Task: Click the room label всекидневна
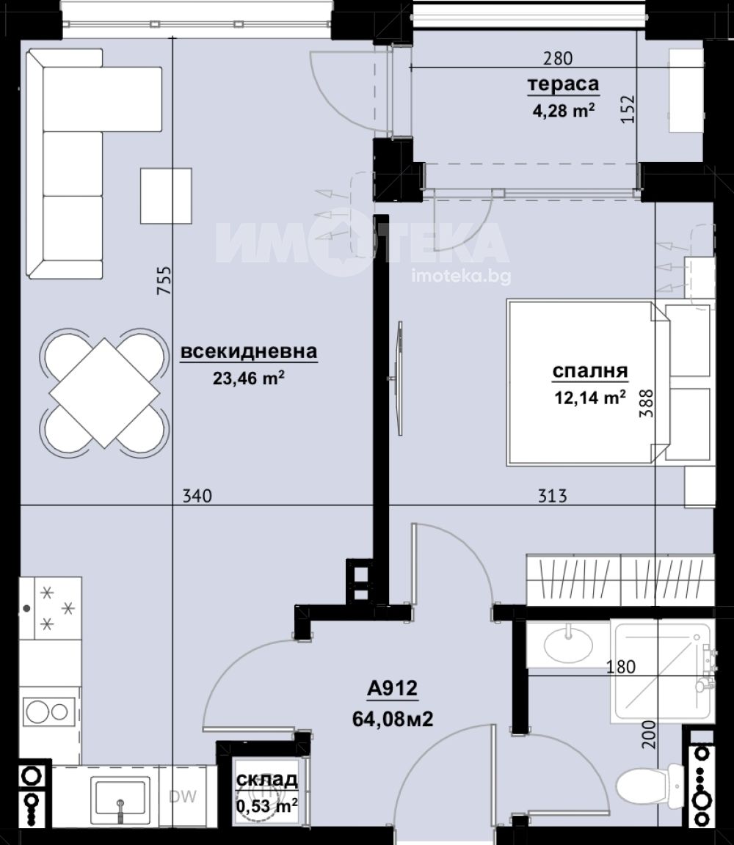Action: pyautogui.click(x=249, y=351)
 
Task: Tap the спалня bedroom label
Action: pyautogui.click(x=590, y=371)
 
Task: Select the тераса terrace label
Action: pyautogui.click(x=563, y=84)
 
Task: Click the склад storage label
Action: pyautogui.click(x=267, y=779)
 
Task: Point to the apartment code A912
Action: pyautogui.click(x=393, y=688)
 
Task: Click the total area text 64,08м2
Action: pyautogui.click(x=393, y=719)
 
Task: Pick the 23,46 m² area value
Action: pyautogui.click(x=249, y=378)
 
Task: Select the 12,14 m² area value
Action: pyautogui.click(x=590, y=397)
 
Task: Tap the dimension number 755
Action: pyautogui.click(x=164, y=279)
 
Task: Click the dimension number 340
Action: pyautogui.click(x=197, y=496)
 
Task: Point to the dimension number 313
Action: pyautogui.click(x=552, y=496)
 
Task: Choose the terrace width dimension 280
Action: pyautogui.click(x=558, y=58)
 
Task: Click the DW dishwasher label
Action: pyautogui.click(x=182, y=797)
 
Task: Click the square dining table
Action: pyautogui.click(x=105, y=393)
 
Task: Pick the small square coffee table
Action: pyautogui.click(x=166, y=196)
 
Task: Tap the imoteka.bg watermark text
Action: pyautogui.click(x=461, y=276)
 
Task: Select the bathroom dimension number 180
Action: pyautogui.click(x=621, y=667)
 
